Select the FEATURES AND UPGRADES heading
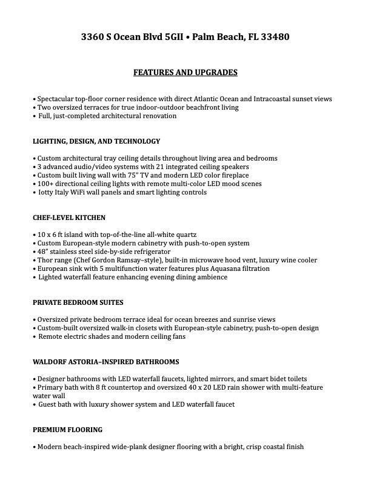click(x=185, y=73)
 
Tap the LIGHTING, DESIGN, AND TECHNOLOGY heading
click(x=96, y=141)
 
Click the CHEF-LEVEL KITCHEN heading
click(x=69, y=218)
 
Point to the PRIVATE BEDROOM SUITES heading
click(x=78, y=302)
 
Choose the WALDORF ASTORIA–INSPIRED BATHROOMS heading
click(x=106, y=362)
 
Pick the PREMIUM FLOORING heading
click(x=67, y=430)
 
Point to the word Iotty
click(x=47, y=192)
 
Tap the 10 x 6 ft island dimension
click(x=52, y=235)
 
